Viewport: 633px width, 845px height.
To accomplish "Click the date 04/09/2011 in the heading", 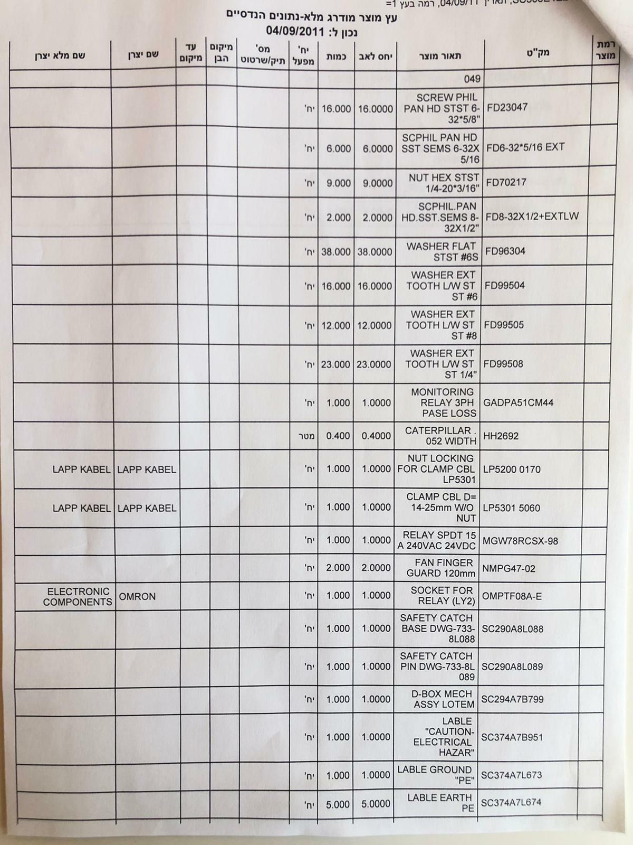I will [x=295, y=31].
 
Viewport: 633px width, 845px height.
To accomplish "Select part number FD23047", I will [x=507, y=107].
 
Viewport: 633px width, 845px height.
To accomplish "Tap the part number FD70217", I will [x=505, y=183].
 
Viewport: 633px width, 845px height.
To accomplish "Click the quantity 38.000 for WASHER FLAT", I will [x=336, y=252].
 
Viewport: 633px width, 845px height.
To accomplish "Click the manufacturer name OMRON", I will [x=137, y=597].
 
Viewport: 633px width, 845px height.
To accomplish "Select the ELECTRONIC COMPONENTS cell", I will [x=78, y=597].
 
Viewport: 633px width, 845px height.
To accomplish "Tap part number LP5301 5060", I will [x=512, y=508].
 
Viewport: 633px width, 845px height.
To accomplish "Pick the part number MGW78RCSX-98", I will [x=520, y=541].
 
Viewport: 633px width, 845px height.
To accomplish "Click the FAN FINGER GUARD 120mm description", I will [x=440, y=568].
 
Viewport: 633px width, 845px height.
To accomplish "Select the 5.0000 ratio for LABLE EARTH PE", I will [x=376, y=804].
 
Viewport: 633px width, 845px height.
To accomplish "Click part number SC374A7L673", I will [x=511, y=775].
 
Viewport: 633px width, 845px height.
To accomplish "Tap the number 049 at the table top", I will [x=472, y=79].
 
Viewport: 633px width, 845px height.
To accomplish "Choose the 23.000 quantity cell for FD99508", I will [x=335, y=364].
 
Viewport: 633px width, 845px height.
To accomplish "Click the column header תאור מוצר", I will [x=439, y=56].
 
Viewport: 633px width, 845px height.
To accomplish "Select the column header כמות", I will [x=337, y=56].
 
